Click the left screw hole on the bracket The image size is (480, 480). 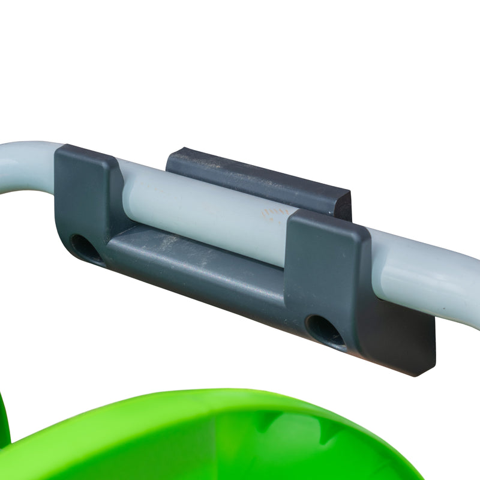85,247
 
